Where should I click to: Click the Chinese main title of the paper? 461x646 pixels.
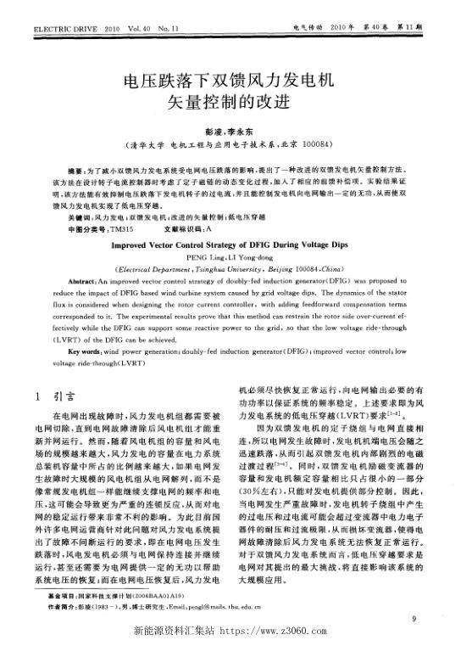click(230, 93)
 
